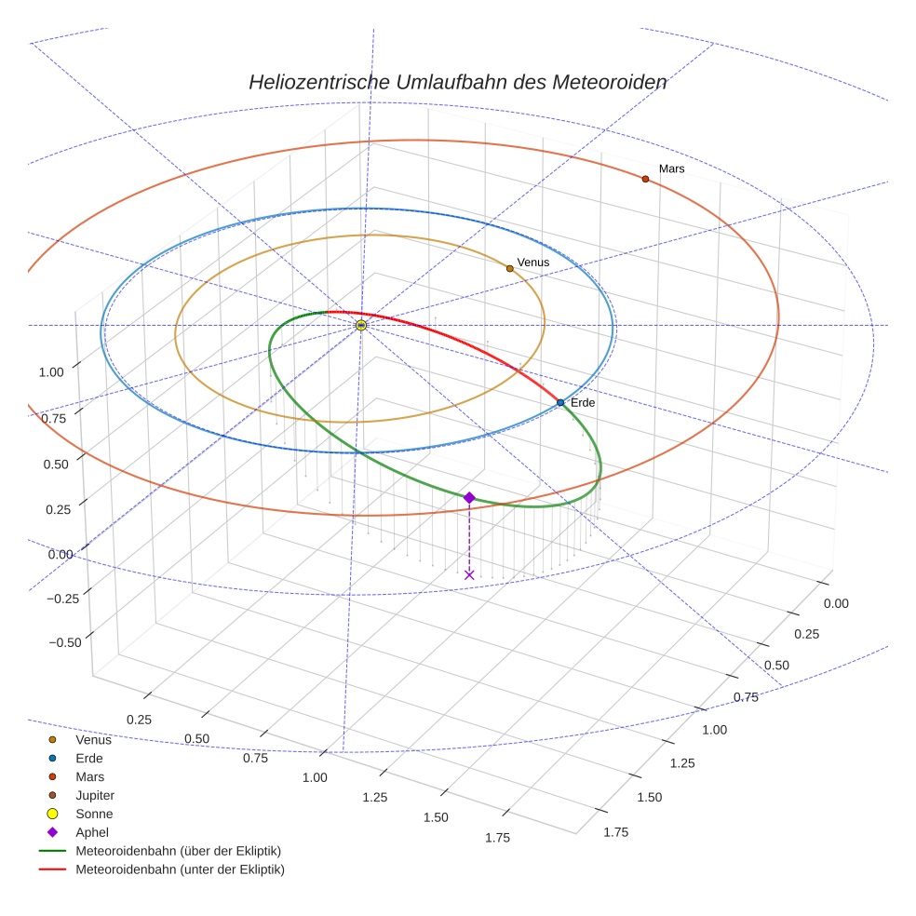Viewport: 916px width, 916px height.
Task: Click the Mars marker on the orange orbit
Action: [x=645, y=179]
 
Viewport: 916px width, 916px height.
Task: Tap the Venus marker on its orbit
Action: [x=510, y=268]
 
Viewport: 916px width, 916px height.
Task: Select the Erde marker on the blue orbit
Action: [x=560, y=402]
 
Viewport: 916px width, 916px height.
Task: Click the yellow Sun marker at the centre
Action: [x=361, y=325]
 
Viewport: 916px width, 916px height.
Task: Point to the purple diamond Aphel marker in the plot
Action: [x=469, y=498]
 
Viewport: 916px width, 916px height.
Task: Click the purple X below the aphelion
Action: [x=469, y=574]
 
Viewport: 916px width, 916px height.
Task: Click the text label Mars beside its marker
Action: [x=671, y=168]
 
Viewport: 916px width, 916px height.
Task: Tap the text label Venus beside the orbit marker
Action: [x=533, y=263]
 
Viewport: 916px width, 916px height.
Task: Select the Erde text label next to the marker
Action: [x=583, y=402]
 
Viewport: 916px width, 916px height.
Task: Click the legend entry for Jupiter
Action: [x=95, y=796]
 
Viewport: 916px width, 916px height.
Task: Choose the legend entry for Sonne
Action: [x=94, y=815]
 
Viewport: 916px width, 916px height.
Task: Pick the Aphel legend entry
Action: [x=92, y=833]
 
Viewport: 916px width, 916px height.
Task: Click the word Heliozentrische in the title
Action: [x=318, y=82]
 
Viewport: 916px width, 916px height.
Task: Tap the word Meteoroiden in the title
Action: [x=609, y=82]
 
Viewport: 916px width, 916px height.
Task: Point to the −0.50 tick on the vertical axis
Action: [x=63, y=642]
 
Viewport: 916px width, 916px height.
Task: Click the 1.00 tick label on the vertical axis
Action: [x=51, y=372]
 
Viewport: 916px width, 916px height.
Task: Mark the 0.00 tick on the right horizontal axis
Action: [x=836, y=603]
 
